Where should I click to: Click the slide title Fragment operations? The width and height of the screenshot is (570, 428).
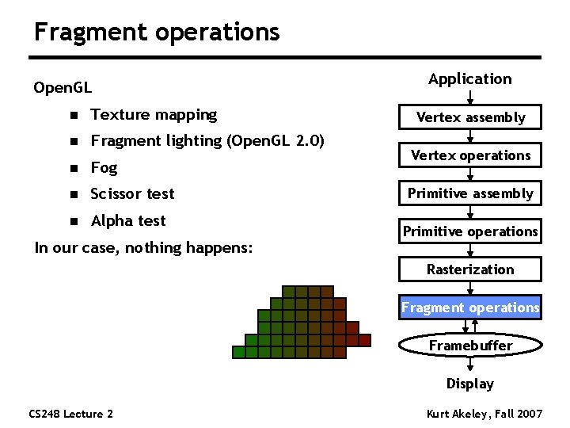(157, 32)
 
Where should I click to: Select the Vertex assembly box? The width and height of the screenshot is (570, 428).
(470, 117)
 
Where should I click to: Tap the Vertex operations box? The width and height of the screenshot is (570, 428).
(470, 155)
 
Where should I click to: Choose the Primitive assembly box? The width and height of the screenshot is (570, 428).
(470, 193)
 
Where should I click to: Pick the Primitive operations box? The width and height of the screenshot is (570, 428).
(470, 231)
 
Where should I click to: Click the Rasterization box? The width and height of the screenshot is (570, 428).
(470, 269)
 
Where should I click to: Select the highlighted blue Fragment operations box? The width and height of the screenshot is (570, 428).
(470, 308)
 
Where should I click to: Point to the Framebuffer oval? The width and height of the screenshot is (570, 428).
(470, 346)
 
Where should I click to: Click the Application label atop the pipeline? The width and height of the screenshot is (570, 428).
(470, 78)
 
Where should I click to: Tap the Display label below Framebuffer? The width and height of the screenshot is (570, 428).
(470, 384)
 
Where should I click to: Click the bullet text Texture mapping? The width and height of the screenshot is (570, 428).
(154, 115)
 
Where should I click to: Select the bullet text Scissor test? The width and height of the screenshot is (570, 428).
(132, 194)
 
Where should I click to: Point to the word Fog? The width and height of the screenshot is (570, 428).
(104, 168)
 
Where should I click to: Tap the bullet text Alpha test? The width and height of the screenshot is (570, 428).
(128, 220)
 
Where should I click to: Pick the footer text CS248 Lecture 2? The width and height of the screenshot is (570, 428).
(70, 414)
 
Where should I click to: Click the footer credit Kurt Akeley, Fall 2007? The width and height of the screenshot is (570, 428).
(483, 414)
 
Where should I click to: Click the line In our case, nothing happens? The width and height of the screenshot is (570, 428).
(143, 248)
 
